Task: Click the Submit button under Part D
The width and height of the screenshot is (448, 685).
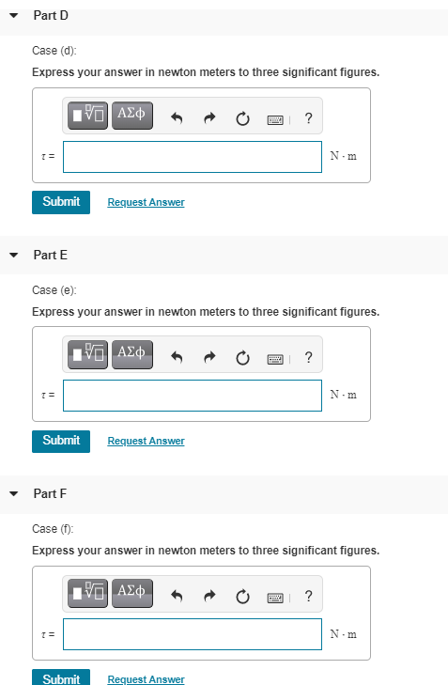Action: (61, 202)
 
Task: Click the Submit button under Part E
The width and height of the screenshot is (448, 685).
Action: (61, 442)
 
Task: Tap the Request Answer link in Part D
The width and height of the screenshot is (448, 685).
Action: (146, 202)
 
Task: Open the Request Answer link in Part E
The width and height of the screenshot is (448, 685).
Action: (146, 442)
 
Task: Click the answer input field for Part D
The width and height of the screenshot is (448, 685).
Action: (193, 157)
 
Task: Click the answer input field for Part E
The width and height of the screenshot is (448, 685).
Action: (193, 396)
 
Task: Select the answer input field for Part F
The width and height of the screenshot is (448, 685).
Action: (193, 634)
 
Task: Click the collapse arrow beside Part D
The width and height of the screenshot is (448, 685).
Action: (14, 16)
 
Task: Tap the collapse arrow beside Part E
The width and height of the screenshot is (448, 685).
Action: (14, 256)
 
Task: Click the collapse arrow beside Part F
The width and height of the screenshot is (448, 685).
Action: (14, 493)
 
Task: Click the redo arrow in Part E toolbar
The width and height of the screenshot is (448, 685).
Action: (210, 357)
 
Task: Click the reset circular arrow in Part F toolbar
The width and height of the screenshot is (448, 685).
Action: (242, 597)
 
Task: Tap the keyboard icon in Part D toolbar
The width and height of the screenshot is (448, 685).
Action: (275, 119)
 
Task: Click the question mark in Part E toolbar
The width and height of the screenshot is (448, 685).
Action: (308, 357)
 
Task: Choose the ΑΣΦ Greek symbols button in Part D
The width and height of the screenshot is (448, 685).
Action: (132, 116)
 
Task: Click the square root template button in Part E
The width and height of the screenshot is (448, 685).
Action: (87, 354)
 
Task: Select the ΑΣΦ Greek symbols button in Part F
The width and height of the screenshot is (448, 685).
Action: (132, 593)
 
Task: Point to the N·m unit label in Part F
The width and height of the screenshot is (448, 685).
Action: (344, 634)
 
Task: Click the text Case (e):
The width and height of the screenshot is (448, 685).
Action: (54, 290)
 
